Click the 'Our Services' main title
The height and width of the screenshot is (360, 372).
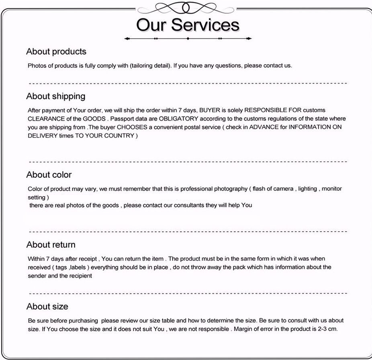[188, 24]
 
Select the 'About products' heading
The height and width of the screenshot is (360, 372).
[56, 51]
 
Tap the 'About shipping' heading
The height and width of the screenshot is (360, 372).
[56, 96]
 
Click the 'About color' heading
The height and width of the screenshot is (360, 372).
[49, 175]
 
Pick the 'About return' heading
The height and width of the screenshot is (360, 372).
[51, 244]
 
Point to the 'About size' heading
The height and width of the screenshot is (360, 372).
[47, 306]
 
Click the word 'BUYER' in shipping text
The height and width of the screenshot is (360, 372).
[210, 110]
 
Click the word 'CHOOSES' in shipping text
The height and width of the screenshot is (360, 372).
[128, 127]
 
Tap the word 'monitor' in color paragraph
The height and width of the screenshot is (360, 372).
[332, 189]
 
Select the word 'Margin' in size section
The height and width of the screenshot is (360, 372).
[244, 329]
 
